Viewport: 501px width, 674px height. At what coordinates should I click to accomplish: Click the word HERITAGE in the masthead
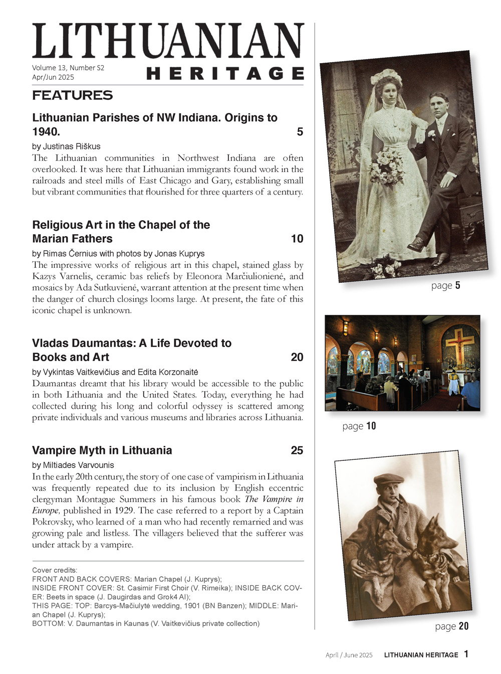coord(225,74)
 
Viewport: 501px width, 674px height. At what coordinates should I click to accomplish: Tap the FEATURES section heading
coord(73,95)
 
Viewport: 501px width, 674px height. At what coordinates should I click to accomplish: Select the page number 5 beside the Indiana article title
coord(300,132)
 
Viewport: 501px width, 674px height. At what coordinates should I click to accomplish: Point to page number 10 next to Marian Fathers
coord(297,239)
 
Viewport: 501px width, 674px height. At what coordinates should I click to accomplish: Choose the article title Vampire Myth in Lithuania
coord(102,450)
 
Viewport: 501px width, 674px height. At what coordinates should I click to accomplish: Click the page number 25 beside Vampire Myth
coord(297,450)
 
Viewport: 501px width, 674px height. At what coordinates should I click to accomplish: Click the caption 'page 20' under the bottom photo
coord(452,626)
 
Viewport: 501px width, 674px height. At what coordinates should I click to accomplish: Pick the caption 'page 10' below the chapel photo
coord(359,426)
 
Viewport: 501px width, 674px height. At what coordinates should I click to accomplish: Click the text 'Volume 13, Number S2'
coord(68,68)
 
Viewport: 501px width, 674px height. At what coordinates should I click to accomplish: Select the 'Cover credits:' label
coord(55,570)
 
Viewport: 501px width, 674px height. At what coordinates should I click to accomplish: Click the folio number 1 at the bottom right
coord(466,654)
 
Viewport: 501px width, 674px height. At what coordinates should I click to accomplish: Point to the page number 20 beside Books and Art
coord(297,357)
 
